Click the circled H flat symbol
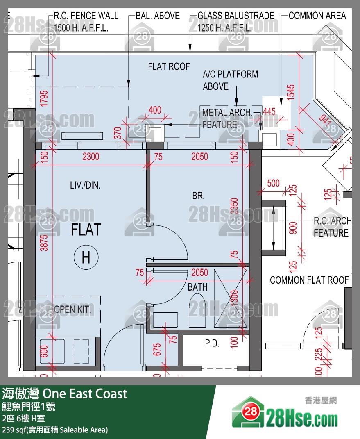[86, 258]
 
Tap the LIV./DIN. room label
[85, 185]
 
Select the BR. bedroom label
[198, 196]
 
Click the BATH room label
[197, 287]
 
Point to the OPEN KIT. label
[72, 309]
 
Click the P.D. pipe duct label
[212, 343]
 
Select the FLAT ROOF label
[169, 66]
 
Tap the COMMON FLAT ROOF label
[309, 280]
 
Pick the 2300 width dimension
[91, 157]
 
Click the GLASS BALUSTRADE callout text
[235, 16]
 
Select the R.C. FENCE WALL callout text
[86, 16]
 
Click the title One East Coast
[65, 394]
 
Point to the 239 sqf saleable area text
[55, 430]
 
